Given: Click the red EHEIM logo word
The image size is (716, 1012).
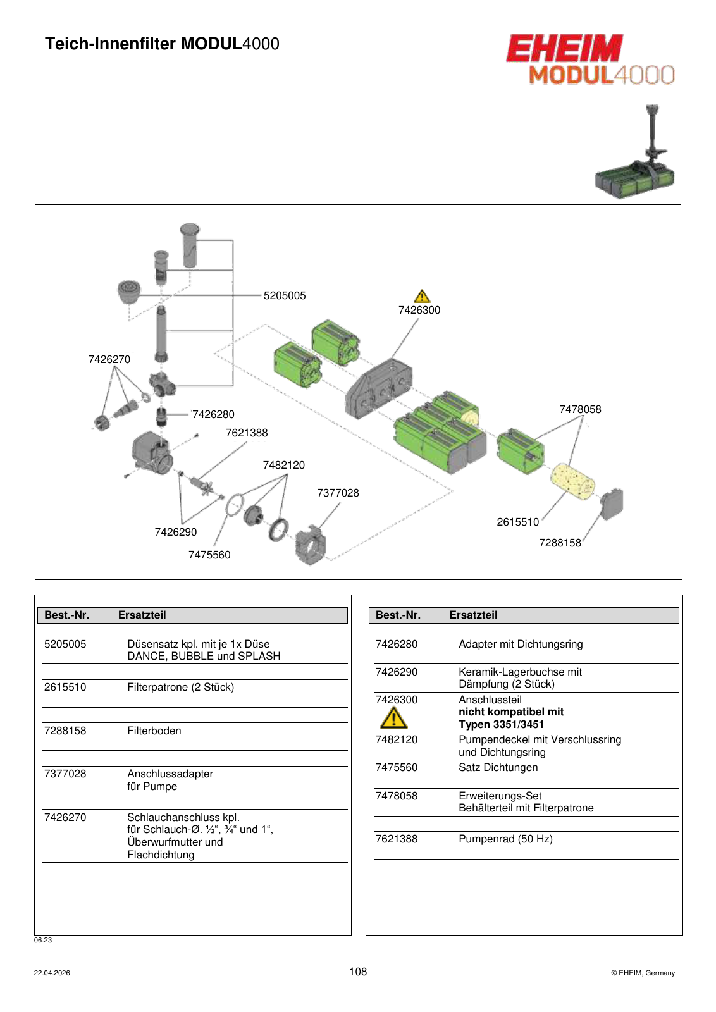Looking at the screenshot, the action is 564,48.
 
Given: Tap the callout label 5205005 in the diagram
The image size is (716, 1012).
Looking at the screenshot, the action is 285,295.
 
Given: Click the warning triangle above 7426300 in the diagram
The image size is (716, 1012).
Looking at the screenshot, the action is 422,297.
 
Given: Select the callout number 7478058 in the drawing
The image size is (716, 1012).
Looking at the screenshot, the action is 580,409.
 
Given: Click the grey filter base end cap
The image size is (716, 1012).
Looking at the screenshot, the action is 612,503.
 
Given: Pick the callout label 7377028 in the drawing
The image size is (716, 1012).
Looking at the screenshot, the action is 338,493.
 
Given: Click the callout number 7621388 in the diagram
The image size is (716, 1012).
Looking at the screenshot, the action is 247,433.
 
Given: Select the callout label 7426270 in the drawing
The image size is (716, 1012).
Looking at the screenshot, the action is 109,359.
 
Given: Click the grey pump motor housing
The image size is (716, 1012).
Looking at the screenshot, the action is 151,453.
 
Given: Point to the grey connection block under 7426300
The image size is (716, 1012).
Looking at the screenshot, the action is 378,388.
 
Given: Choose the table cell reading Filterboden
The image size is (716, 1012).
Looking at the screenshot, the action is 154,731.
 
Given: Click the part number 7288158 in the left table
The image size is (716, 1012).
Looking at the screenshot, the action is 65,731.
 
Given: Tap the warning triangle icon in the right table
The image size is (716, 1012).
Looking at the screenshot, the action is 394,719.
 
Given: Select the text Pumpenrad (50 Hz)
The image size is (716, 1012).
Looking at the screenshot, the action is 505,839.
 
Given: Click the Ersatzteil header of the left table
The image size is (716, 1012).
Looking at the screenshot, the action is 142,615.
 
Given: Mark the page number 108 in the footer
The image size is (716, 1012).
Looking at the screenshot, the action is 358,972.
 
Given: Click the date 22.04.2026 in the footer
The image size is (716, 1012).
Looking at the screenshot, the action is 52,973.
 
